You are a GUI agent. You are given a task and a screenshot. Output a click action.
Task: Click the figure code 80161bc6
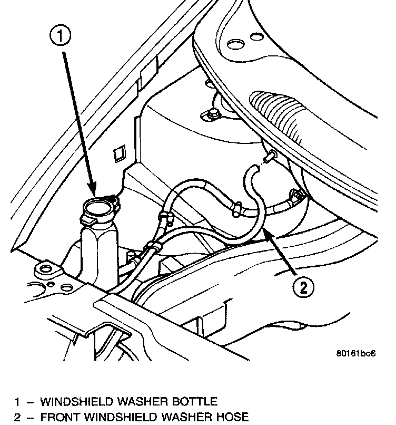coord(355,353)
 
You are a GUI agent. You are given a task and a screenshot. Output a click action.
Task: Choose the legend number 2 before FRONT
coord(17,417)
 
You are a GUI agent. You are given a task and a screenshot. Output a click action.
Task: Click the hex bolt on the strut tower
coord(213,113)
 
